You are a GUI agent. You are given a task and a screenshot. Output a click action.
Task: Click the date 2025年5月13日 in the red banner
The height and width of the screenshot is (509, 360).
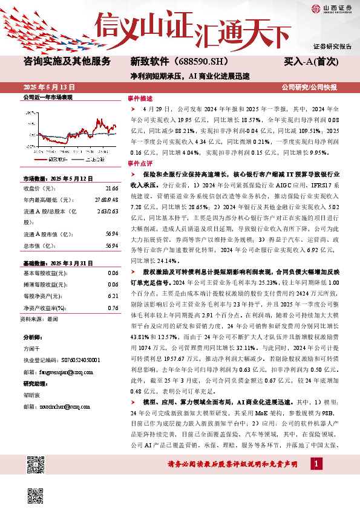pyautogui.click(x=45, y=86)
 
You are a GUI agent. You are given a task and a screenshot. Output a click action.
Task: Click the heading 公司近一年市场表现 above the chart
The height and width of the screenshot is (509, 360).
pyautogui.click(x=47, y=97)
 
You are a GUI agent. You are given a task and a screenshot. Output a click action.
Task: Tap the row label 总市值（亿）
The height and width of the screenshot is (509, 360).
pyautogui.click(x=38, y=246)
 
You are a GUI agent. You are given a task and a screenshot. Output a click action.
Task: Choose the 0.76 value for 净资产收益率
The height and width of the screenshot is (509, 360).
pyautogui.click(x=112, y=308)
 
